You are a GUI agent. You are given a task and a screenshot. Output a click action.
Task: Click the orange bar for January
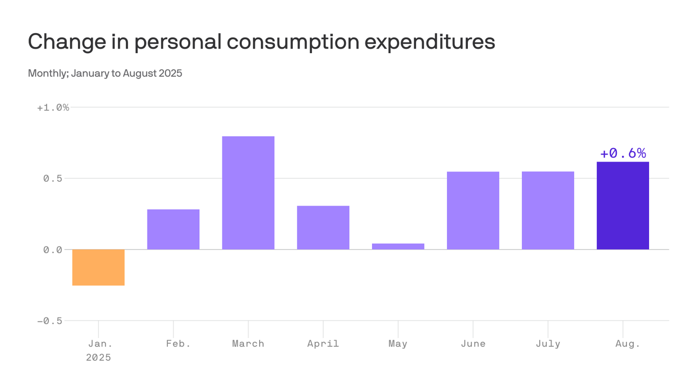coord(98,267)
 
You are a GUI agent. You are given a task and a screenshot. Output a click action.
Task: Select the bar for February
coord(173,229)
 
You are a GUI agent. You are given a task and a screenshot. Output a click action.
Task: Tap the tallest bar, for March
coord(248,193)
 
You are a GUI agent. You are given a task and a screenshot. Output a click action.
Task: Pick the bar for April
coord(323,228)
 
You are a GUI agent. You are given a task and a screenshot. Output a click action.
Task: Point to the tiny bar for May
coord(398,247)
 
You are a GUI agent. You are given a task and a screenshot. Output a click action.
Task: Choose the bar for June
coord(473,210)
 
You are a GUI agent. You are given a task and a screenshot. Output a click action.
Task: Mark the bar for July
coord(548,210)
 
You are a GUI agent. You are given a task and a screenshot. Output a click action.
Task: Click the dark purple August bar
coord(623,206)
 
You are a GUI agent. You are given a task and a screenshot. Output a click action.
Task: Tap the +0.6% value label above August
coord(623,153)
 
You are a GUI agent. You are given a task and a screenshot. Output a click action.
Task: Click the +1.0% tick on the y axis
coord(53,108)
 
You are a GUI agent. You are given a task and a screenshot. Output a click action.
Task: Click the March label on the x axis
coord(248,344)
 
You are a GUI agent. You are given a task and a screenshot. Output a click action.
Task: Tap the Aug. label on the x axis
coord(628,344)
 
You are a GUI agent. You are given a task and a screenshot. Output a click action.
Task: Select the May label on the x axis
coord(398,344)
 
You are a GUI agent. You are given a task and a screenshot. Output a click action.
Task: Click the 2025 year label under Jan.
coord(98,357)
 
